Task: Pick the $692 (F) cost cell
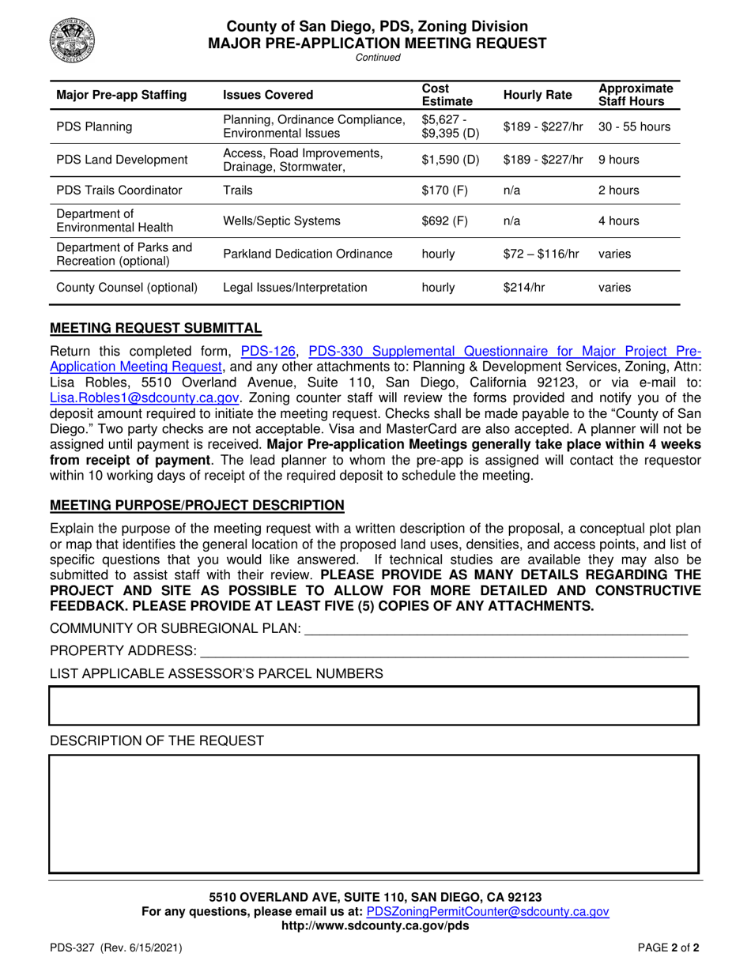coord(445,221)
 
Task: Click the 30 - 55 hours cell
coord(634,126)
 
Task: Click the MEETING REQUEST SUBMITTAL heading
coord(156,328)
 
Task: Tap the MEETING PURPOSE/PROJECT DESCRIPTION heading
coord(197,505)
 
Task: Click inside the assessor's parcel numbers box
coord(374,706)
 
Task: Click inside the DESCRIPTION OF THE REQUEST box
coord(374,814)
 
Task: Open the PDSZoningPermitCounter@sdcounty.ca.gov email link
coord(489,911)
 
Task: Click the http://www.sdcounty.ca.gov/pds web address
coord(375,926)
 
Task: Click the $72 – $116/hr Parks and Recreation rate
coord(541,254)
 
